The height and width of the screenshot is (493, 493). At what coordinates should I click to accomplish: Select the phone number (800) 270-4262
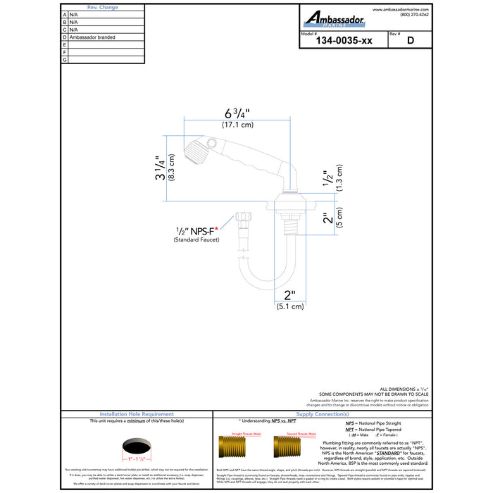414,15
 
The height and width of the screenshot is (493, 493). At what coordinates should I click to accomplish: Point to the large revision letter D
410,41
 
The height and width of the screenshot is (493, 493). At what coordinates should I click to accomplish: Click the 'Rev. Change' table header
102,7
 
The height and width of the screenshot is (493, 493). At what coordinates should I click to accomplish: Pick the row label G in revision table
65,60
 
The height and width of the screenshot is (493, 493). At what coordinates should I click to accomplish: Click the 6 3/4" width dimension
237,113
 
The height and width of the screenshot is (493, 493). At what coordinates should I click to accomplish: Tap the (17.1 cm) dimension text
237,125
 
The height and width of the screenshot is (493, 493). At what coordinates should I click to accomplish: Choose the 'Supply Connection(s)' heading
324,414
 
